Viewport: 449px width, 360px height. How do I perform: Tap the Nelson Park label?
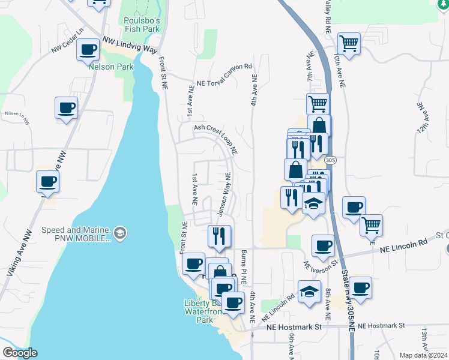pyautogui.click(x=111, y=67)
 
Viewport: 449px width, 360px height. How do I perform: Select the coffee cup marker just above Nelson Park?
pyautogui.click(x=88, y=49)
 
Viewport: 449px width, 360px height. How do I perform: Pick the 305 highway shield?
pyautogui.click(x=330, y=161)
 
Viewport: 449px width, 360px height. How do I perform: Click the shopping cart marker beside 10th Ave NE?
pyautogui.click(x=349, y=43)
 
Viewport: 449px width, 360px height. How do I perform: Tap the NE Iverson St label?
pyautogui.click(x=322, y=262)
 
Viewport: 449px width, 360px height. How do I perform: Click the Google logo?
pyautogui.click(x=20, y=352)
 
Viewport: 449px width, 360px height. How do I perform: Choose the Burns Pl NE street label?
pyautogui.click(x=244, y=268)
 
